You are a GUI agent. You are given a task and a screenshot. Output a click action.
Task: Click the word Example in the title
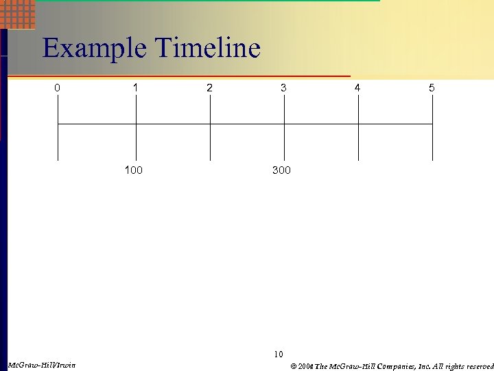coord(95,49)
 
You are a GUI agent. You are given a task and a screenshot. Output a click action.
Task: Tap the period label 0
coord(58,88)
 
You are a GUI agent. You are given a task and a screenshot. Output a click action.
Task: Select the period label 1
coord(136,88)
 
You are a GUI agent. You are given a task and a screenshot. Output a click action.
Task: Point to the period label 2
coord(210,88)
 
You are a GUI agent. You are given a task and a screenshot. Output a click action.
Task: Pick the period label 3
coord(283,88)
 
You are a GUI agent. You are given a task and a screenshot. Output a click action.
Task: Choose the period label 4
coord(357,88)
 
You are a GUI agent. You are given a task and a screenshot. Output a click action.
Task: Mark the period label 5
coord(432,88)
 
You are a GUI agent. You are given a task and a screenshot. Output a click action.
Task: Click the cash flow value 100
coord(134,170)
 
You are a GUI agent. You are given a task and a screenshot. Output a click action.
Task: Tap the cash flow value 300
coord(281,170)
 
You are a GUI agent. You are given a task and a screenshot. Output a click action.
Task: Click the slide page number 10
coord(278,355)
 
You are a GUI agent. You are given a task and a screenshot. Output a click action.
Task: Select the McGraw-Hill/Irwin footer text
coord(41,364)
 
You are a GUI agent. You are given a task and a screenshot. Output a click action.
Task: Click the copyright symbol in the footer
coord(293,366)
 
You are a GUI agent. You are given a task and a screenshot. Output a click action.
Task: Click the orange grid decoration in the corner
coord(19,13)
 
